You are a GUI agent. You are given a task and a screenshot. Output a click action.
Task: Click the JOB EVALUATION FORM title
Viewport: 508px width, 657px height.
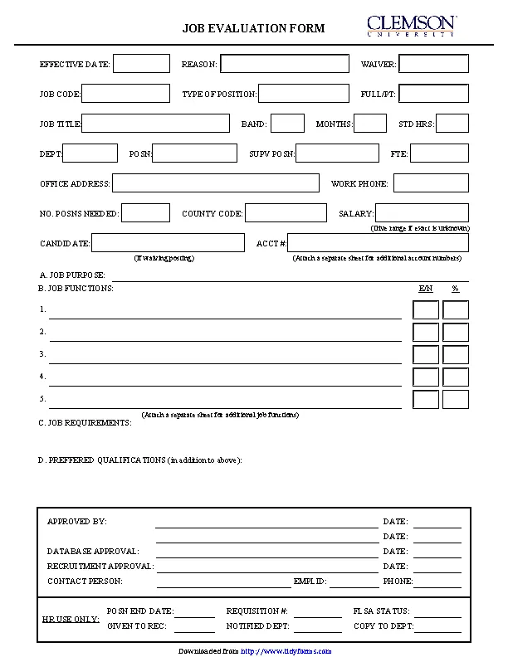tap(253, 28)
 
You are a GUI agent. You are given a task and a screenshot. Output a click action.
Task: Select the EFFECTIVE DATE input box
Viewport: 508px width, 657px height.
tap(141, 64)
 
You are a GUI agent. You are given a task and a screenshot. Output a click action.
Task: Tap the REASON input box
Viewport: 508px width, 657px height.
tap(285, 64)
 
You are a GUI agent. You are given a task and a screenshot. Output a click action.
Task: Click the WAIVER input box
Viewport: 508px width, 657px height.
tap(434, 64)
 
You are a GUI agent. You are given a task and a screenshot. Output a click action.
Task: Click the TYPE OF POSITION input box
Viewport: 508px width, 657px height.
tap(304, 94)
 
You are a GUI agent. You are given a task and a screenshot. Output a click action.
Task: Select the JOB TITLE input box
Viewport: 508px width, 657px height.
tap(155, 124)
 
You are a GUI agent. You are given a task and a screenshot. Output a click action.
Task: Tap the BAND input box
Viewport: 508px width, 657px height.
tap(287, 124)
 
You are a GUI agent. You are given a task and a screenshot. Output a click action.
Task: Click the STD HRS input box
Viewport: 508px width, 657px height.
tap(452, 124)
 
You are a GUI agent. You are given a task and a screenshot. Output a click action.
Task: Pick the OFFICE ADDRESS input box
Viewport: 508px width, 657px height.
tap(216, 183)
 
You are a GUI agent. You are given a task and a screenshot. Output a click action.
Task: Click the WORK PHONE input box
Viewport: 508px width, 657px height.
tap(431, 183)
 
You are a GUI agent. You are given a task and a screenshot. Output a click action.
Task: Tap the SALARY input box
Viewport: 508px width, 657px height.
tap(423, 213)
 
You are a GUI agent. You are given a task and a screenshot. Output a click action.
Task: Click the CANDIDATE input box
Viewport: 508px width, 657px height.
tap(168, 242)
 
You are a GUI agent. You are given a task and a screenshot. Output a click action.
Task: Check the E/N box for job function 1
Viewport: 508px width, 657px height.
tap(426, 310)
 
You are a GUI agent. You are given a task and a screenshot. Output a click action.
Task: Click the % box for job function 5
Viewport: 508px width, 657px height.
tap(456, 399)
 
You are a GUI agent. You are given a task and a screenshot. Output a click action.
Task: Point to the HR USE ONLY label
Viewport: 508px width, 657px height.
tap(70, 619)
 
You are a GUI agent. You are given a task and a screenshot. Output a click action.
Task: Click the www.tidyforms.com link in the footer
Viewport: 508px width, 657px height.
tap(286, 651)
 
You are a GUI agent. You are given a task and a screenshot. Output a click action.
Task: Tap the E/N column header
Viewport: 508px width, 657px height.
tap(426, 289)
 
